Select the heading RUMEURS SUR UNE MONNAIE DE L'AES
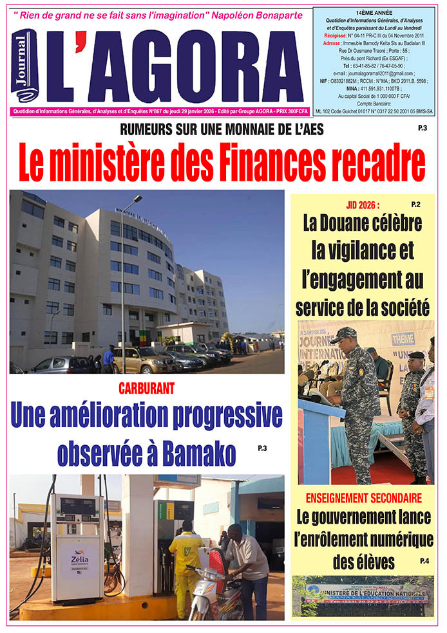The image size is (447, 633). [222, 129]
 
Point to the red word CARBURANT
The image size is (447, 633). [147, 389]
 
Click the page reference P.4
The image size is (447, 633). [424, 561]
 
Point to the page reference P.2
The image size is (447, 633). [415, 205]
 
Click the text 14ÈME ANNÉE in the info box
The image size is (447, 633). [376, 12]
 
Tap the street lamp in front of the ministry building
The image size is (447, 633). [124, 283]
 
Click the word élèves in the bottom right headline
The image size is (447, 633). [364, 562]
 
